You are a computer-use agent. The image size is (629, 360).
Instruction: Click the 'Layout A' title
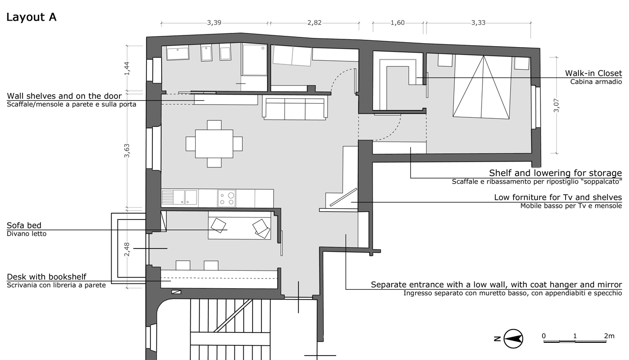31,17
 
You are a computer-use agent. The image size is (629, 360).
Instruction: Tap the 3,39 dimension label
214,23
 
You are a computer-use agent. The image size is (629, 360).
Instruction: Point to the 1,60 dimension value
398,23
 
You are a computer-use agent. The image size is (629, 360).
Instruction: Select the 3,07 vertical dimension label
556,106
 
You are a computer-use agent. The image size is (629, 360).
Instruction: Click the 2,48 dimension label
127,249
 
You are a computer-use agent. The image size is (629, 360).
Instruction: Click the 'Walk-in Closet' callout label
593,73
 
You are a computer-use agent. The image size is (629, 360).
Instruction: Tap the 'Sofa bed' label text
24,225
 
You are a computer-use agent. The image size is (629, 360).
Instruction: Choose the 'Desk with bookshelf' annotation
47,277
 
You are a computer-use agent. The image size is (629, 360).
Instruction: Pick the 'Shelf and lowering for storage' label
555,173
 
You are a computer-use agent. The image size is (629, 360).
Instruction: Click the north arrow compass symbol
513,339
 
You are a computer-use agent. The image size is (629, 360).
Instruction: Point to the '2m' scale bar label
609,335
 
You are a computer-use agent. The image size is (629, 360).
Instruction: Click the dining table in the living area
214,144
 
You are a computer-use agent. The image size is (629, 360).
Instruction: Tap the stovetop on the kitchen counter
227,198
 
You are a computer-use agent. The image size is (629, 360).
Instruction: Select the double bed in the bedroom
481,86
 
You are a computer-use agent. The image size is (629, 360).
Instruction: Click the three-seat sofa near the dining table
295,109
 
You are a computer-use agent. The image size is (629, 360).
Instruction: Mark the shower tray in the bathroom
255,59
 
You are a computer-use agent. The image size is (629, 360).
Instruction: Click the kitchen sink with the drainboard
179,197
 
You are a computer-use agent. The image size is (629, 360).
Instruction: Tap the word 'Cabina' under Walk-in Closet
581,82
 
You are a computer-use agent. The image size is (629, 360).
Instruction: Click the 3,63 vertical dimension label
127,151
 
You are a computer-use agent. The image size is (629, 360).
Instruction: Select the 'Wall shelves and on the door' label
64,96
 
